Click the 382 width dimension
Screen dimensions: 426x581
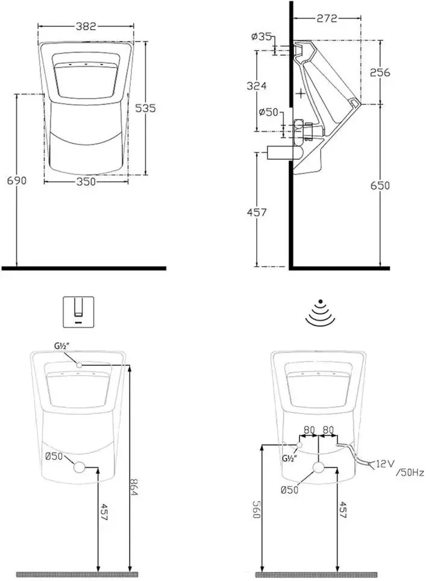[x=86, y=26]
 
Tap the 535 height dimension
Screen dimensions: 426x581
[x=145, y=108]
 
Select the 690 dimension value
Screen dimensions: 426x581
[x=17, y=180]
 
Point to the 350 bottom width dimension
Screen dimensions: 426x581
[x=86, y=181]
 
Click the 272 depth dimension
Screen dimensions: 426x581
[x=327, y=18]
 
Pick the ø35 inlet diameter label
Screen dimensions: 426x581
[x=261, y=36]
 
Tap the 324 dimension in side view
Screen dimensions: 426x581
[x=257, y=86]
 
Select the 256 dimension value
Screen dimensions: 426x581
[x=380, y=72]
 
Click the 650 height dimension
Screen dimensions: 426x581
[x=380, y=185]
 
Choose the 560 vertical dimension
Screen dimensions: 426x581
[x=256, y=509]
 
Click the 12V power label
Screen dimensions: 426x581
[x=384, y=463]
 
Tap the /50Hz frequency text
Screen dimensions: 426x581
[x=410, y=473]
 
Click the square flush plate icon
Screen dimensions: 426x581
[x=78, y=312]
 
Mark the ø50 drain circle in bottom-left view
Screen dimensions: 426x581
[x=80, y=467]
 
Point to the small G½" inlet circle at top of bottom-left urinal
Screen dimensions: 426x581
[x=79, y=365]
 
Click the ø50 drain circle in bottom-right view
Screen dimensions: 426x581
[x=319, y=468]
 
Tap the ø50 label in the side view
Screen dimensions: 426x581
[x=269, y=111]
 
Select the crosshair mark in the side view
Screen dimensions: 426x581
[x=301, y=93]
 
